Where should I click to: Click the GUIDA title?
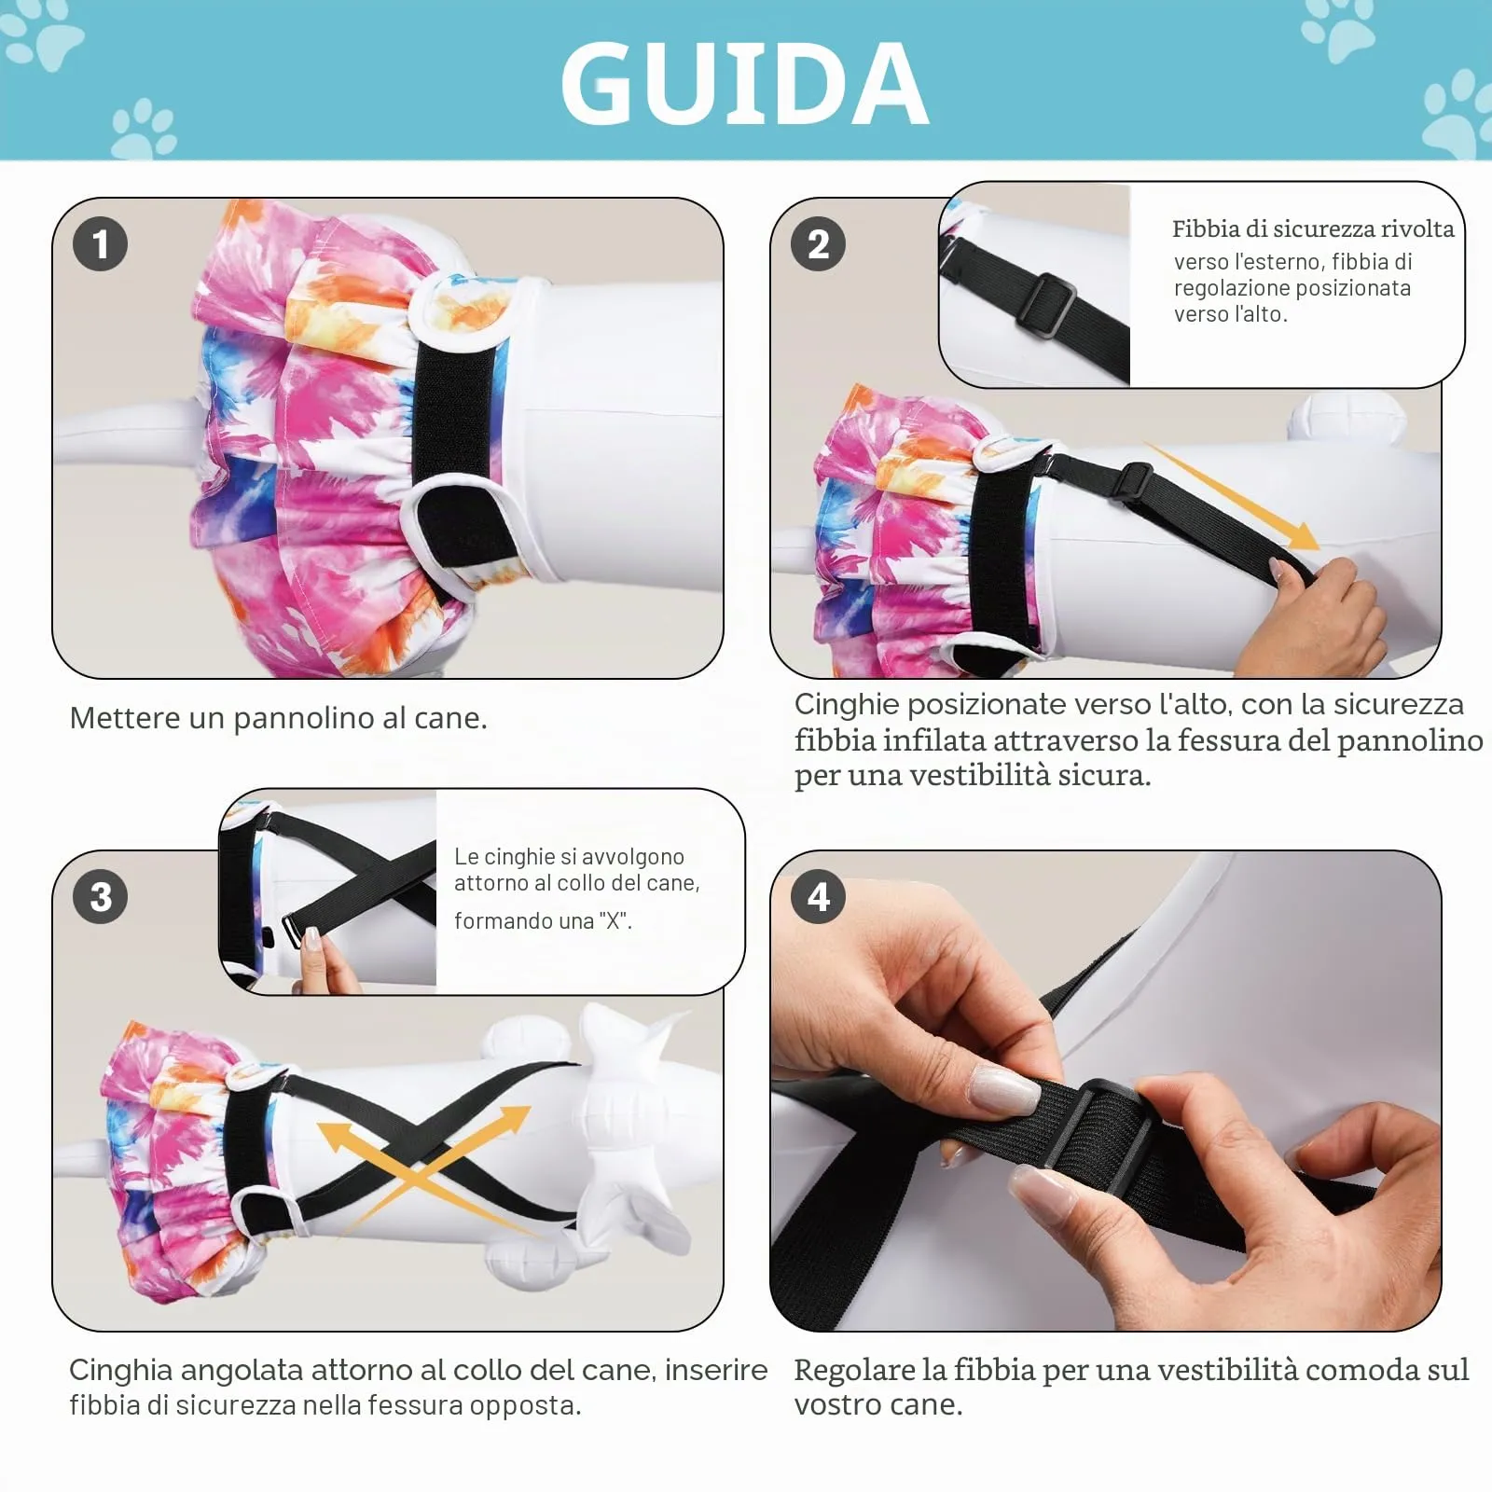[x=744, y=84]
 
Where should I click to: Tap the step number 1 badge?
[x=100, y=244]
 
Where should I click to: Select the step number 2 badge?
[x=818, y=244]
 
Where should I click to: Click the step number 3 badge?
[x=100, y=897]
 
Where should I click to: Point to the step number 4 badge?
[x=818, y=897]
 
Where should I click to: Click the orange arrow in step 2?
[x=1231, y=497]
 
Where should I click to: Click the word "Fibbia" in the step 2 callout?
[x=1205, y=228]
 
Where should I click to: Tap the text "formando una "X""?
[x=543, y=921]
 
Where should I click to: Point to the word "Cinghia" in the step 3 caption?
[x=121, y=1371]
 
